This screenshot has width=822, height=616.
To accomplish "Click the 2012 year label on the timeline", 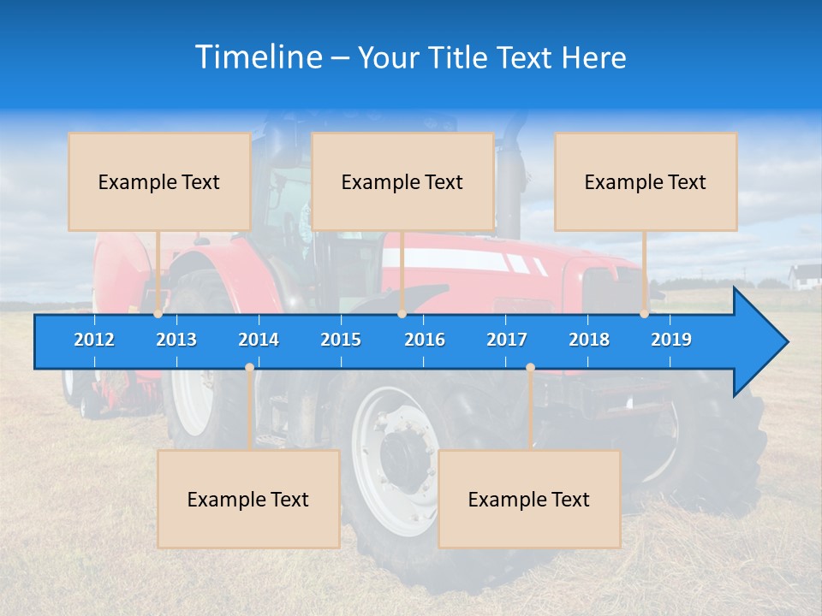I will point(94,340).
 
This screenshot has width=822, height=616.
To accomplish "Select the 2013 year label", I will point(176,340).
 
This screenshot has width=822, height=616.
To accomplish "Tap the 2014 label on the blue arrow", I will point(259,340).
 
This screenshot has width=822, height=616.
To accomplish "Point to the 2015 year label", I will point(341,340).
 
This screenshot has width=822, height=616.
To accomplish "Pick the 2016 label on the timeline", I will point(425,340).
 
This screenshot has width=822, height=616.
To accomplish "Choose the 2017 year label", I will point(507,340).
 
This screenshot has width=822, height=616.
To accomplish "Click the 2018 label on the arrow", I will point(589,340).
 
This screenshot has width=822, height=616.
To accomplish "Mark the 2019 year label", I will point(671,340).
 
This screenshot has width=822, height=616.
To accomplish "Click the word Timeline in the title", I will point(257,57).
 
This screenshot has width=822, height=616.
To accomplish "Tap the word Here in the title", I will point(593,58).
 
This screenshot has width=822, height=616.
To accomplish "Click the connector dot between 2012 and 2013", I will point(158,314).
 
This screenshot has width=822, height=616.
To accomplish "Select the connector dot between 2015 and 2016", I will point(402,314).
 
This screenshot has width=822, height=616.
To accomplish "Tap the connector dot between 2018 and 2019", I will point(645,314).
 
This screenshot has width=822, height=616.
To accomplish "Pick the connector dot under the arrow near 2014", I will point(249,368).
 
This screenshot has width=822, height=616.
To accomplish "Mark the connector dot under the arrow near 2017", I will point(530,368).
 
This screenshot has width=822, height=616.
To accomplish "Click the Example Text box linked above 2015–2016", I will point(402,181).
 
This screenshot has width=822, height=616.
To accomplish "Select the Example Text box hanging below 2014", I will point(248,499).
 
